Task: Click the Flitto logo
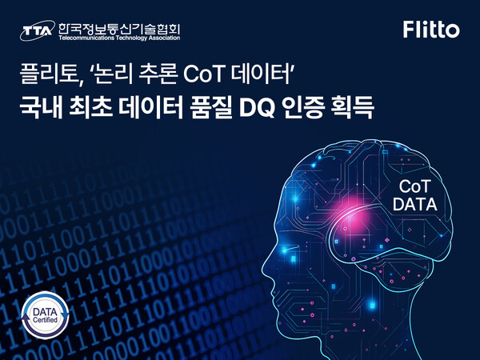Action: (x=431, y=30)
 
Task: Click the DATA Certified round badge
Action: (x=46, y=313)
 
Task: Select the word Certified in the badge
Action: (x=46, y=319)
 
